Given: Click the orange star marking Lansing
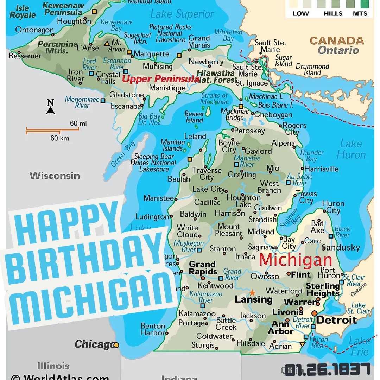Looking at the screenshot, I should (252, 293).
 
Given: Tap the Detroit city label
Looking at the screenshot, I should (337, 320).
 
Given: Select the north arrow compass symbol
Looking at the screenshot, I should (51, 107).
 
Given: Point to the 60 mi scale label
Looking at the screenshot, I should (78, 123).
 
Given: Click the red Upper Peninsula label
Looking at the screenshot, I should (160, 79).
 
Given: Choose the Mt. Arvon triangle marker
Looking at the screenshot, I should (107, 44).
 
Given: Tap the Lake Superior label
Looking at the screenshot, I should (182, 14).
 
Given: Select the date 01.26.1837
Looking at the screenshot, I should (328, 369).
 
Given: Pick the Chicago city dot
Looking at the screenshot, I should (116, 345).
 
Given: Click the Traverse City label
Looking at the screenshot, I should (207, 174).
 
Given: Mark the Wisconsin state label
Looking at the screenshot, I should (55, 176).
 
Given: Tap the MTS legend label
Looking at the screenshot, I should (360, 14).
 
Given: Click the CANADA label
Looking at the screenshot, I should (337, 40).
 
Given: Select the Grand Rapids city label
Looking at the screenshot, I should (202, 268).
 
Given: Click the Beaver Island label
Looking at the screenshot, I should (194, 117).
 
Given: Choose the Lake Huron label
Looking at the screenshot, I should (351, 149).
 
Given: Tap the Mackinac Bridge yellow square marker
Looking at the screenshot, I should (241, 106).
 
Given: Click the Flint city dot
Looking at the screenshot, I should (289, 273).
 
